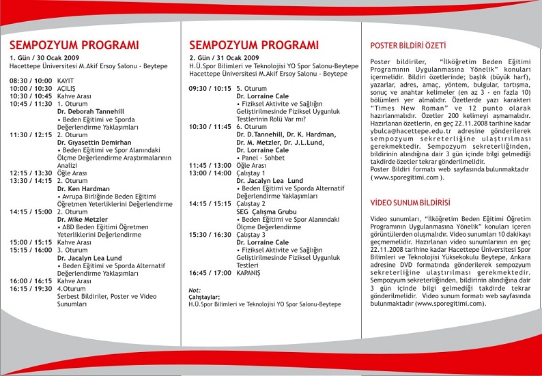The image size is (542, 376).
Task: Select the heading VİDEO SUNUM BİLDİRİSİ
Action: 410,203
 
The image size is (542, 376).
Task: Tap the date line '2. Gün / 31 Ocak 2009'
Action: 224,58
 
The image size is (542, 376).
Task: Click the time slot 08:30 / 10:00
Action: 31,81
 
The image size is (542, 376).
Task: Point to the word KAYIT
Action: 66,81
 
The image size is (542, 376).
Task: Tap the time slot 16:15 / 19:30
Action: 31,289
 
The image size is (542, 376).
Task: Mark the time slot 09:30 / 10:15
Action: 210,89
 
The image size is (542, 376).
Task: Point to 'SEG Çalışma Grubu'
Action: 267,212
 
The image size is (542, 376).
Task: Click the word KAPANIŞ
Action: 253,273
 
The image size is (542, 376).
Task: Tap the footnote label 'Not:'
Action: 195,290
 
